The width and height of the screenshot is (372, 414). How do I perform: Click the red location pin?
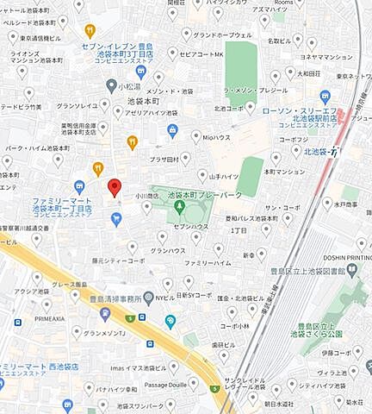coord(113,187)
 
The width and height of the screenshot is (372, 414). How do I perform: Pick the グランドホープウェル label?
coord(222,35)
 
